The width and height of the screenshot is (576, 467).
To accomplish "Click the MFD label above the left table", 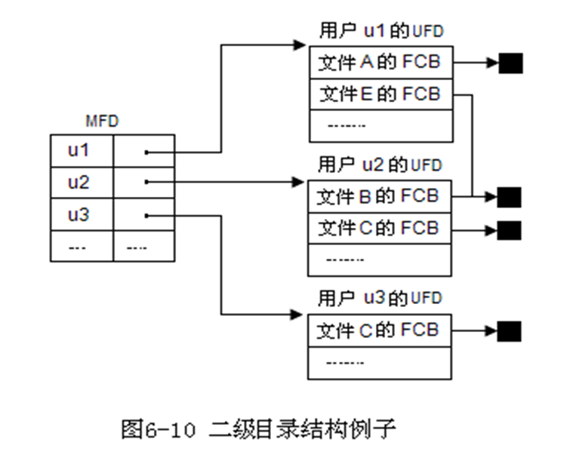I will coord(102,121).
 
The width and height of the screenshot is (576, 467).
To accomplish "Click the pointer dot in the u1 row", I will coord(146,152).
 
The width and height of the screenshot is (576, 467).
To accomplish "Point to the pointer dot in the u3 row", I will coord(146,215).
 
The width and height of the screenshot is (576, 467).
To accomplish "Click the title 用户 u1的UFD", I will coord(380,31).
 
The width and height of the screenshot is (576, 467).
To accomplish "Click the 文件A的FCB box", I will coord(380,63).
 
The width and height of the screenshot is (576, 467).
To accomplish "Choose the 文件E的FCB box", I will coord(380,94).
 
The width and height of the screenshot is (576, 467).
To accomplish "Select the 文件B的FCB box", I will coord(379,196).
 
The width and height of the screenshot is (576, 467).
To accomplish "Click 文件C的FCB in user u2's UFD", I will coord(379,228).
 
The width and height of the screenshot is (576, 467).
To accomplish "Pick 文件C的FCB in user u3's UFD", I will coord(379,330).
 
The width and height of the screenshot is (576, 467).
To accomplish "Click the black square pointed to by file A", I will coord(510,63).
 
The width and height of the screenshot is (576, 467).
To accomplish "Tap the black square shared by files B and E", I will coord(510,197).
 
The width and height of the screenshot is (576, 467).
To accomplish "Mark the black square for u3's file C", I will coord(510,330).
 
